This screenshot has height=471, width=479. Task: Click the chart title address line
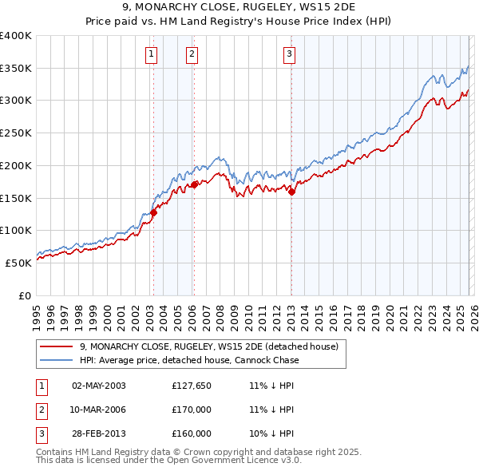click(x=239, y=7)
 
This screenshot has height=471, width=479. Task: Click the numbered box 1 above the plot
click(x=151, y=54)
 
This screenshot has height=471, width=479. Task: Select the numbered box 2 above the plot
click(x=192, y=54)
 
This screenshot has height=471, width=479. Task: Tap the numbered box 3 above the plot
click(x=289, y=54)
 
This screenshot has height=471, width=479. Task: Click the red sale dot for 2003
click(x=153, y=212)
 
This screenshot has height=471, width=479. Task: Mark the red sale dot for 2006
click(x=194, y=184)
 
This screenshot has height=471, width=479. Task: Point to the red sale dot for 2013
click(x=291, y=191)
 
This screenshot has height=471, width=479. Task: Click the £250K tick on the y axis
click(x=16, y=133)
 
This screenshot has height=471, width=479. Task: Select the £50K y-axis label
click(x=18, y=262)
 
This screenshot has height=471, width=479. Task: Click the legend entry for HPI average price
click(x=189, y=360)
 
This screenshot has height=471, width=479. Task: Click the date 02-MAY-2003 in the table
click(x=99, y=386)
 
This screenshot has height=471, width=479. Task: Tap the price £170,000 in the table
click(x=192, y=410)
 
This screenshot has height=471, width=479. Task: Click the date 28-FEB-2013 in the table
click(x=99, y=433)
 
